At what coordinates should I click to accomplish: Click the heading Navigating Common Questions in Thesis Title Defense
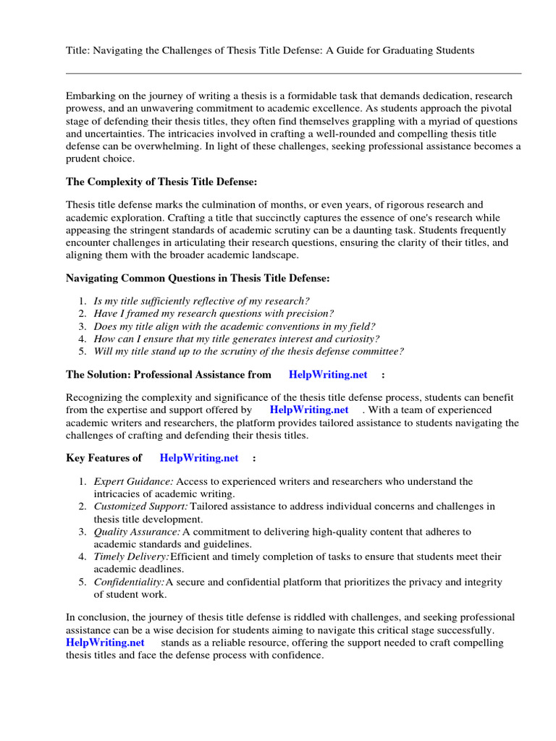coord(198,277)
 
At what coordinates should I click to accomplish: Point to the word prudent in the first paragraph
coord(84,159)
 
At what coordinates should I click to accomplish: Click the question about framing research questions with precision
coord(214,313)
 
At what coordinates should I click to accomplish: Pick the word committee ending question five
coord(375,352)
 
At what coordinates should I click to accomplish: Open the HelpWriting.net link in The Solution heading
coord(328,375)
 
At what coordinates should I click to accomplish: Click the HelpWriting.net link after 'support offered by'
coord(309,410)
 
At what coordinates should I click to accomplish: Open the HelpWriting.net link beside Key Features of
coord(199,458)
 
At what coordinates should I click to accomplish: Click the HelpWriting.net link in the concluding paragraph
coord(105,643)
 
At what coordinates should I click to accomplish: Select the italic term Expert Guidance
coord(133,481)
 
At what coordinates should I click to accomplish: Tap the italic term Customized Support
coord(140,507)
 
